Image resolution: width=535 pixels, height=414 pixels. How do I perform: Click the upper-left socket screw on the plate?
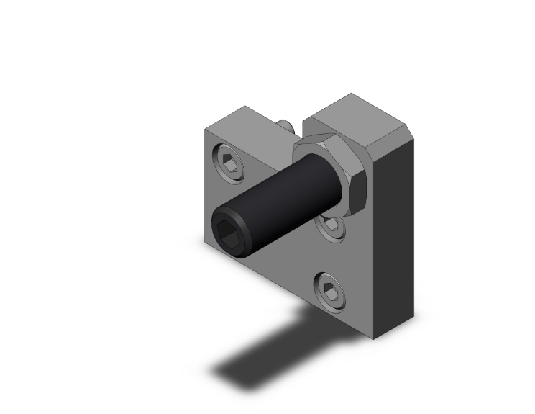pyautogui.click(x=229, y=163)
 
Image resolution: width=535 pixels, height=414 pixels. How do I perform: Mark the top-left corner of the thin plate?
pyautogui.click(x=206, y=130)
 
